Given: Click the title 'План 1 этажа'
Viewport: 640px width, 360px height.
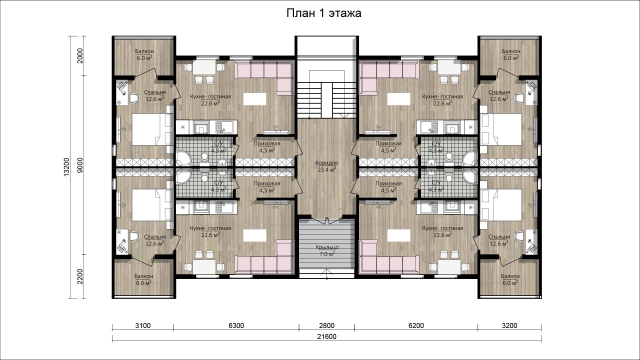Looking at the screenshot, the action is point(323,13).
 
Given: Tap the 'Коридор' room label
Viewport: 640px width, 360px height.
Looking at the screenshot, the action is point(326,163).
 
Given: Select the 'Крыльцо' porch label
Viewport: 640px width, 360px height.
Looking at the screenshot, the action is point(327,247).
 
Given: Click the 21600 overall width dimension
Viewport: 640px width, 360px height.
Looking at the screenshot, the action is point(326,336).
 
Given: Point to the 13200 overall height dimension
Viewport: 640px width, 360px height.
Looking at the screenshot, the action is point(66,167).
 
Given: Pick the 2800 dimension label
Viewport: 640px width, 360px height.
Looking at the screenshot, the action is point(326,325).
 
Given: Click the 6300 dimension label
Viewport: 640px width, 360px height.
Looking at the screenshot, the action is point(236,325).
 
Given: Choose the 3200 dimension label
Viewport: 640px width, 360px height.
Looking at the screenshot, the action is point(509,325).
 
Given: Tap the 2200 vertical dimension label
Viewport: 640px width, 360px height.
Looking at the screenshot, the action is point(80,276).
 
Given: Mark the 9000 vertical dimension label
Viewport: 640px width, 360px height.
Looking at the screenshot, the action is point(80,165).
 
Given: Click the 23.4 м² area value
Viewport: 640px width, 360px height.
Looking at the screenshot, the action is point(326,169).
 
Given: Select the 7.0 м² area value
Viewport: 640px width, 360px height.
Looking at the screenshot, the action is point(327,253).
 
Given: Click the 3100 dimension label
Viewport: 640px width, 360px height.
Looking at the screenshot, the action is point(142,325).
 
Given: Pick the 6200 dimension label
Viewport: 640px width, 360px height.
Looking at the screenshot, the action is point(416,325).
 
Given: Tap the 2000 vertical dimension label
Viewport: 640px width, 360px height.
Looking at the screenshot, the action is point(80,55).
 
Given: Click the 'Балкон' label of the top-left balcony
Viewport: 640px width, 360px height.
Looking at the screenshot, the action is point(144,51).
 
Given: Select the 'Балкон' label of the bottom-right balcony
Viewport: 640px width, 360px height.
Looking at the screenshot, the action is point(510,276).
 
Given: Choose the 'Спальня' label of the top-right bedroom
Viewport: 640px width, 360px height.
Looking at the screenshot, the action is point(499,92).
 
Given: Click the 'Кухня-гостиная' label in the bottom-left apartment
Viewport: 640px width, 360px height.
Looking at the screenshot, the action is point(210,228).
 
